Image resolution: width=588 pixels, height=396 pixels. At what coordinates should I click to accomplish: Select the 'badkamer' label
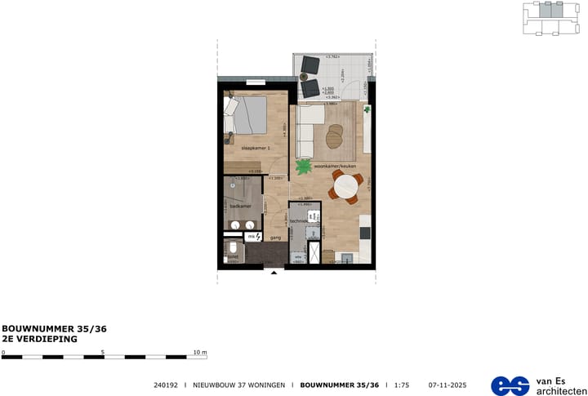click(x=239, y=207)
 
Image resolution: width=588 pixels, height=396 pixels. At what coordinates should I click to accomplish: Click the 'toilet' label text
click(x=233, y=256)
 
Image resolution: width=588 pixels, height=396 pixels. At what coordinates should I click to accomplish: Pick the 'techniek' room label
click(x=298, y=221)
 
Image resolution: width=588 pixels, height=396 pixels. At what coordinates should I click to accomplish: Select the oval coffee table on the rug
click(x=335, y=136)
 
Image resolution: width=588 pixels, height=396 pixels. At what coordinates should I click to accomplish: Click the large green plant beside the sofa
click(x=305, y=167)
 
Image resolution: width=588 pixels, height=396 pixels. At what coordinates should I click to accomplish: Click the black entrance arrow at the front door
click(x=274, y=273)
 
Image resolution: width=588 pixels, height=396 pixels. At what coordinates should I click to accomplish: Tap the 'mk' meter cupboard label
click(x=252, y=237)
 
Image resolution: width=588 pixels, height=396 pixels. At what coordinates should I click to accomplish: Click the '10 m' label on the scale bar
click(x=199, y=353)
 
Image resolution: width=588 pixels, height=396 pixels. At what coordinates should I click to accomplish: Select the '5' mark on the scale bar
click(x=104, y=353)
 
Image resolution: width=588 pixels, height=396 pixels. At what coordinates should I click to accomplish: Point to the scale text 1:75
click(x=401, y=385)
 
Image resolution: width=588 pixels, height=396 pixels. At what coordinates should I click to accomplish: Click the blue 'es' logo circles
click(x=510, y=385)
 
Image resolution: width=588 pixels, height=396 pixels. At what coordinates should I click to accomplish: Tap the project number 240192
click(x=166, y=385)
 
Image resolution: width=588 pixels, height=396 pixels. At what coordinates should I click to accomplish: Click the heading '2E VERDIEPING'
click(x=39, y=338)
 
